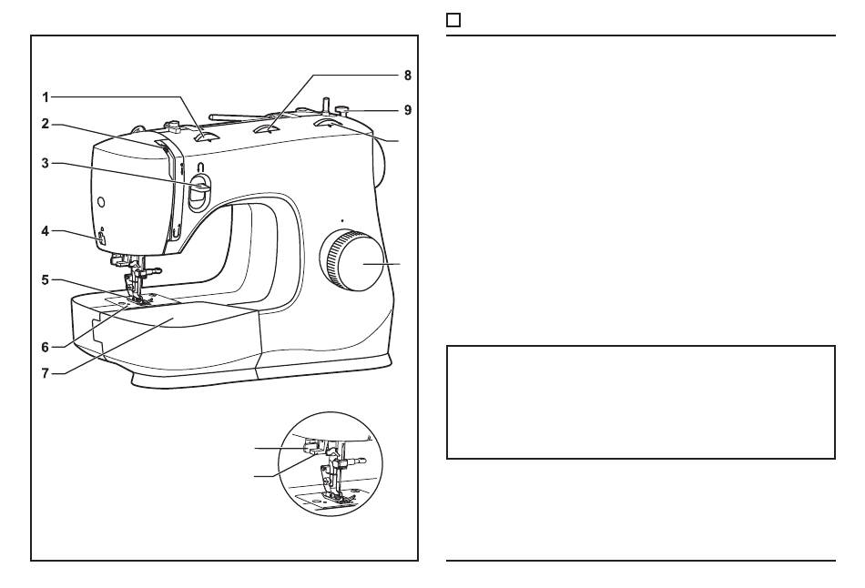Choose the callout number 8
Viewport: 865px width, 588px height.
coord(407,76)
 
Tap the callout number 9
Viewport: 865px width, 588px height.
coord(407,109)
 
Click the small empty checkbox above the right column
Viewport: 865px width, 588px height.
coord(453,20)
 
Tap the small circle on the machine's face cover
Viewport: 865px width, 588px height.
coord(101,200)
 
